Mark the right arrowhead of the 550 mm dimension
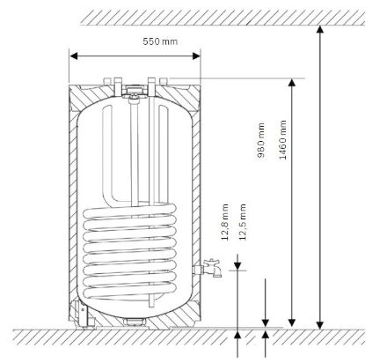(x=199, y=56)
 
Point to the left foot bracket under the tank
(x=81, y=313)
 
